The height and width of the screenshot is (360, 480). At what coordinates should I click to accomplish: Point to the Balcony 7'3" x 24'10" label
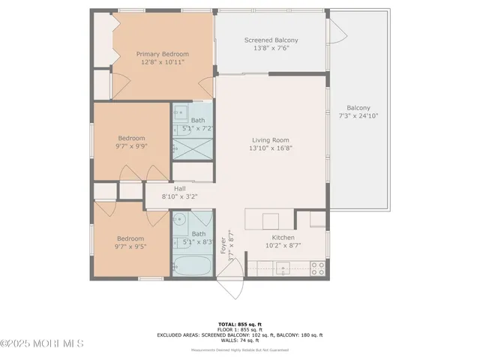coord(358,112)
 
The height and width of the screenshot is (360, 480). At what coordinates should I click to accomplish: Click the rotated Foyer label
coord(223,245)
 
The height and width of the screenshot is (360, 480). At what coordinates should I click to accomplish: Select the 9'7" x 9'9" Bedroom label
coord(130,142)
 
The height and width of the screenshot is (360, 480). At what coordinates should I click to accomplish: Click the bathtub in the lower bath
coord(192,265)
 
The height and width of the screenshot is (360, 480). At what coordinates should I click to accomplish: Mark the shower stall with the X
coord(193,148)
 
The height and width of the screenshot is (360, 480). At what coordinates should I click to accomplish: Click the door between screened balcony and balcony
coord(337,31)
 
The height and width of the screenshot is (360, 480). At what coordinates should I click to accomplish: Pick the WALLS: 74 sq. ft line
coord(239,340)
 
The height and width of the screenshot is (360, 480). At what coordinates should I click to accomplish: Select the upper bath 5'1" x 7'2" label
coord(197,124)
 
